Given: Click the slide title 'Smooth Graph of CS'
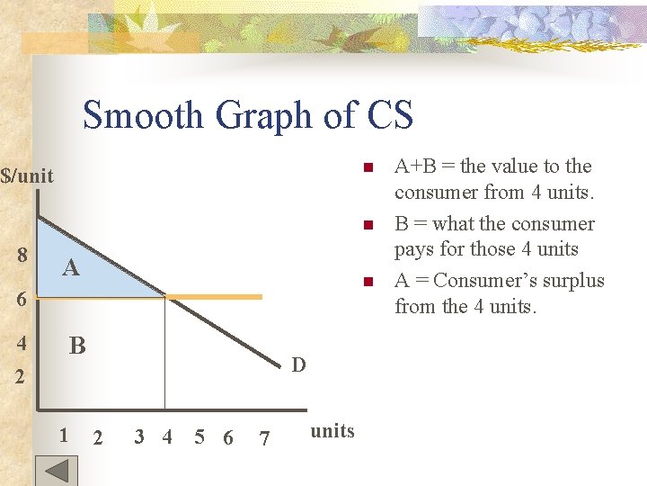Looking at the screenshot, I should [x=248, y=115].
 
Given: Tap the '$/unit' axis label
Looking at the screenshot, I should [x=27, y=175].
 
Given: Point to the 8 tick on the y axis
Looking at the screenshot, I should [x=22, y=255].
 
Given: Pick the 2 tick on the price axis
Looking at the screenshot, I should [x=19, y=375].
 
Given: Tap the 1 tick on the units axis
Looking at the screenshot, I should [x=63, y=436].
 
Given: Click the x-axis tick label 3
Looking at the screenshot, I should [x=138, y=437].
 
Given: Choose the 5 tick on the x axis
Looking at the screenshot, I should [x=199, y=437].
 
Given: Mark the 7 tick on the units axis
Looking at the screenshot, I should [x=263, y=438].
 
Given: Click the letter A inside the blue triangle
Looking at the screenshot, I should [x=70, y=268].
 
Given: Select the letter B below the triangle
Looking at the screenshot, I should [x=77, y=346].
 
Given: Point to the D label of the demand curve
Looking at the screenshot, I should [x=299, y=364].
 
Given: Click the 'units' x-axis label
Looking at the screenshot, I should [x=332, y=431].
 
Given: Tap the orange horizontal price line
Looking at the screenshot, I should [x=216, y=296].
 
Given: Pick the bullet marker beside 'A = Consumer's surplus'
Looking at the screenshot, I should [x=367, y=283].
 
